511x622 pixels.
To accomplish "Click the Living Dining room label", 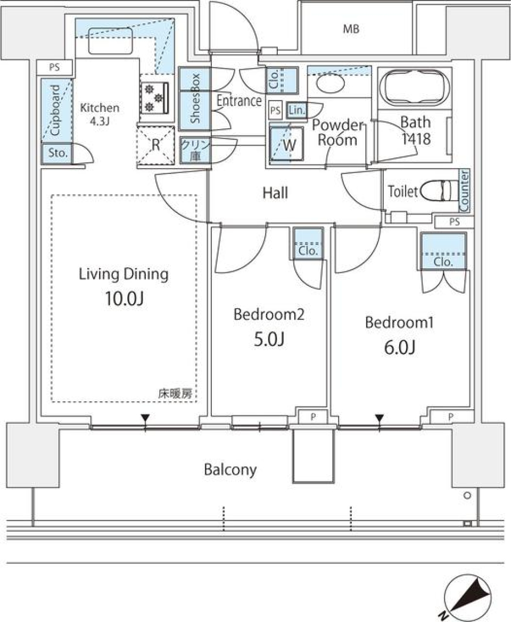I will [x=123, y=275].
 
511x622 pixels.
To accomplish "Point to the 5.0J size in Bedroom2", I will [x=269, y=339].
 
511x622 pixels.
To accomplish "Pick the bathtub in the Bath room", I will [x=414, y=88].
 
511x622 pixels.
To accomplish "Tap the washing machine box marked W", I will [x=286, y=145].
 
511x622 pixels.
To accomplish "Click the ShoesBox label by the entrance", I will [x=195, y=99].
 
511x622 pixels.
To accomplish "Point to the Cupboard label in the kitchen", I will [x=55, y=110].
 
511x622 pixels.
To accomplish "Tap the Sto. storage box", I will [x=58, y=154].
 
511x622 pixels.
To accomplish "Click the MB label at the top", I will [x=351, y=29].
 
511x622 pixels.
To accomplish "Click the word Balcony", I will [x=230, y=470].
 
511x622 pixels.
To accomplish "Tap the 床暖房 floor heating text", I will [x=175, y=394].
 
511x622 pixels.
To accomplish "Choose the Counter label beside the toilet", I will [x=464, y=190].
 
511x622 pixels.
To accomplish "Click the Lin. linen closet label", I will [x=296, y=110].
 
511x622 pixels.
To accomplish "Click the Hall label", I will [x=275, y=193].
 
